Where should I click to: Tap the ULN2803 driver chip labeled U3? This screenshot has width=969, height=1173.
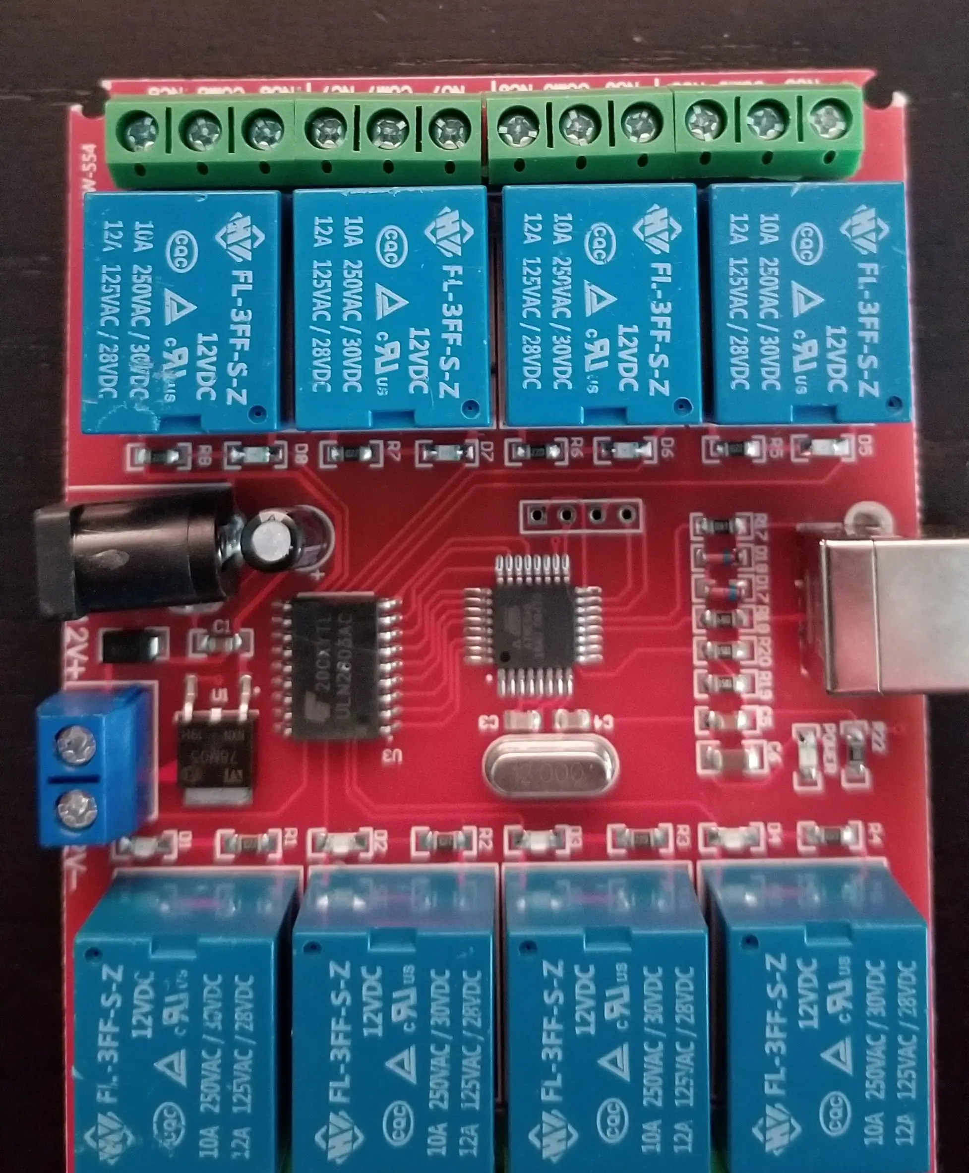[x=338, y=667]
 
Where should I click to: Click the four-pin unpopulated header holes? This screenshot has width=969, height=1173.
[x=581, y=515]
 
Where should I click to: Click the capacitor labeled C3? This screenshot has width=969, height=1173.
[x=522, y=721]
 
